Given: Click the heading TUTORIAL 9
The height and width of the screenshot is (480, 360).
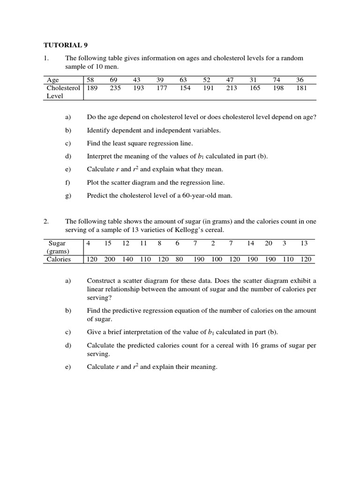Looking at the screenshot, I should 66,45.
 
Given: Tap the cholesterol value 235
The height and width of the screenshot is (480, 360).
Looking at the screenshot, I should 115,88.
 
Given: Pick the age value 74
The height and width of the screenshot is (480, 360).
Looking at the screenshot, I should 278,80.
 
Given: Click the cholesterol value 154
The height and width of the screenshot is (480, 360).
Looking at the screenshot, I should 185,88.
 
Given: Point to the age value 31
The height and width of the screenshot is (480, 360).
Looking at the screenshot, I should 254,80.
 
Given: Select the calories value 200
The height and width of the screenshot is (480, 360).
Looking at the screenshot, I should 109,259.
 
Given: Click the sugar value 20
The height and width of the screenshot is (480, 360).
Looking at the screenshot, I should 268,243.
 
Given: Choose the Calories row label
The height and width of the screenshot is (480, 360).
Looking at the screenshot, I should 58,259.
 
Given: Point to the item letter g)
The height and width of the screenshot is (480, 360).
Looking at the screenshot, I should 68,195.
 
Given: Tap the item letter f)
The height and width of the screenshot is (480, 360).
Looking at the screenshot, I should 68,182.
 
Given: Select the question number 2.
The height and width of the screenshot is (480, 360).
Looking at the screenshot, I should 46,222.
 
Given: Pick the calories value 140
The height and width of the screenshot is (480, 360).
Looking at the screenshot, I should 127,259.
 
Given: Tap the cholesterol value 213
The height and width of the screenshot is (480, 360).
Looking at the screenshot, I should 232,88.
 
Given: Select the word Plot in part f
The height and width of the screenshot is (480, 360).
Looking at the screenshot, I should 93,182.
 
